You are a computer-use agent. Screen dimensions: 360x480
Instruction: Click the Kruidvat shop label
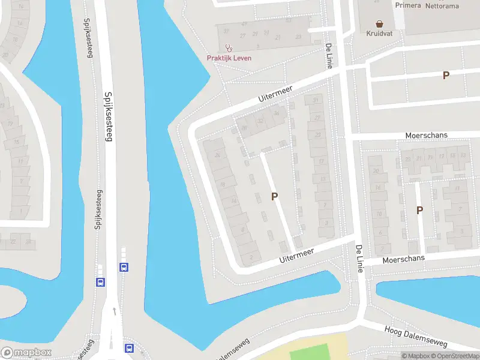tap(379, 34)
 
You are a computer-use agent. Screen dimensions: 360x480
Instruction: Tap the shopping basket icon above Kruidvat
tap(379, 24)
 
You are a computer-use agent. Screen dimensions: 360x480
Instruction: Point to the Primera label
tap(408, 5)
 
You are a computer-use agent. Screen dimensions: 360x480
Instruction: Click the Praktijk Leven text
tap(229, 58)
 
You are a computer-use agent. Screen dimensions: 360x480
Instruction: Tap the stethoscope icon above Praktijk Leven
tap(229, 48)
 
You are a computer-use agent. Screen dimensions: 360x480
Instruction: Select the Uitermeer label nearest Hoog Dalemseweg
tap(297, 255)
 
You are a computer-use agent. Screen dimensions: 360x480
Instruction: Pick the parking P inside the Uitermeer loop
tap(275, 196)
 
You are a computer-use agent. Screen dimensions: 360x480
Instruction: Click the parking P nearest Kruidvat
tap(446, 75)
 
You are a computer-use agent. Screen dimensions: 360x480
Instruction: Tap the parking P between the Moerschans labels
tap(419, 210)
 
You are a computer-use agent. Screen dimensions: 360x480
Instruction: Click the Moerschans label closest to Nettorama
tap(426, 136)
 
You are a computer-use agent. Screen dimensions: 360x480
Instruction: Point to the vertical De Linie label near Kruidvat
tap(328, 56)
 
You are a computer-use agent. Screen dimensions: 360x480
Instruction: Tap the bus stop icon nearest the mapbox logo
tap(128, 347)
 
